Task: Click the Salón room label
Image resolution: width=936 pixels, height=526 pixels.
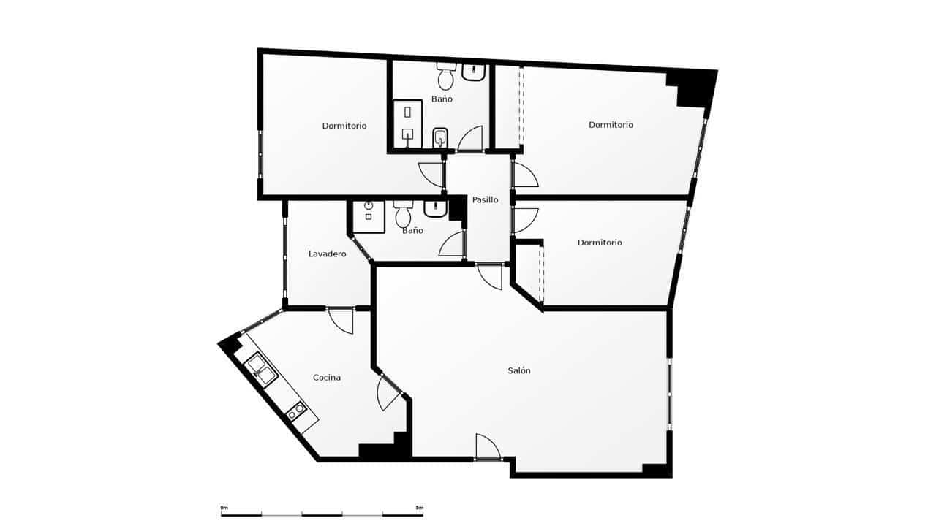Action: (x=519, y=370)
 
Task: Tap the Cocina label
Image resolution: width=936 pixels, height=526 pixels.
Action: (x=327, y=378)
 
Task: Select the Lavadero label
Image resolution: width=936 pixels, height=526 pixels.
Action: (x=327, y=254)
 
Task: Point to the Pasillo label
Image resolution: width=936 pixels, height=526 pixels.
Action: (x=485, y=199)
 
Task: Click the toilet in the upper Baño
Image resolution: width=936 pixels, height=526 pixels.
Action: (x=445, y=75)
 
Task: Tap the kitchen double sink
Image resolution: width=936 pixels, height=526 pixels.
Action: (x=262, y=369)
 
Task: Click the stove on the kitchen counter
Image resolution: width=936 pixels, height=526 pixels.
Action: (x=295, y=412)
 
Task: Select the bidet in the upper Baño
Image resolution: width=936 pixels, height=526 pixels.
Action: (x=440, y=137)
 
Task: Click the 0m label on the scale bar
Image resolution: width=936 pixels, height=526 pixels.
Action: (x=224, y=507)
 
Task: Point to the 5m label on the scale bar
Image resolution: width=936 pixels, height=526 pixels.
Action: (x=419, y=507)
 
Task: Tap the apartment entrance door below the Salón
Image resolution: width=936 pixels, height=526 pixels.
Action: (x=486, y=447)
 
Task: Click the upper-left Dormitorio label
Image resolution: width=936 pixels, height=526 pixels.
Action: (x=344, y=126)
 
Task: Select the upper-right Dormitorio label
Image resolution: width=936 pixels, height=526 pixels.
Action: (x=611, y=125)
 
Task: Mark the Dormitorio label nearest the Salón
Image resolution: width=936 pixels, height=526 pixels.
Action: (x=600, y=243)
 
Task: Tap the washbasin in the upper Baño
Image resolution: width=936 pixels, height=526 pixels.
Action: (x=474, y=72)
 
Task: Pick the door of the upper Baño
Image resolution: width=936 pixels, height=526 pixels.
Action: (x=469, y=139)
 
